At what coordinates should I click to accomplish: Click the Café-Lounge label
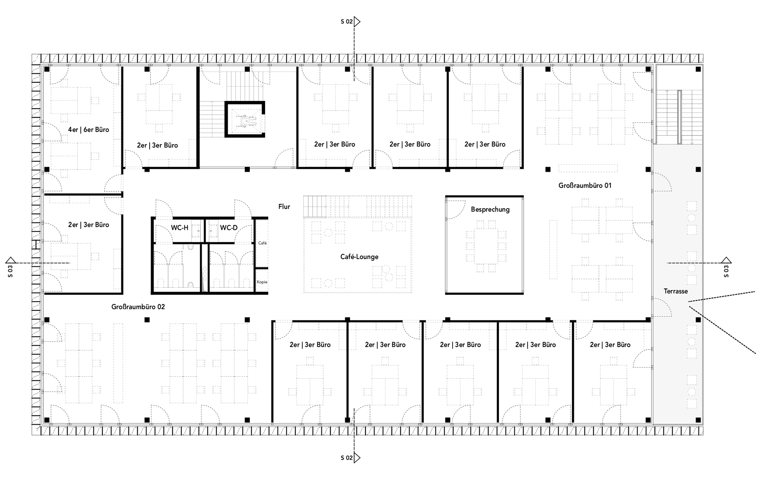point(359,257)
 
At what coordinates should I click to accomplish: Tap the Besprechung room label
point(490,210)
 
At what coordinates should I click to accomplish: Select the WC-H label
point(180,228)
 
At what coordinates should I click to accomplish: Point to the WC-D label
point(229,228)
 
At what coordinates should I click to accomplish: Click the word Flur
point(284,207)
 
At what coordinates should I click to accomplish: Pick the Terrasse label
point(676,291)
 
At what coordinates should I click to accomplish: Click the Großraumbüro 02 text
point(138,307)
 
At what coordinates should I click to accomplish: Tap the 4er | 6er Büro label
point(88,130)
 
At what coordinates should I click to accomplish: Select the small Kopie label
point(262,282)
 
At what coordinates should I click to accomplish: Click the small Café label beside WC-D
point(262,243)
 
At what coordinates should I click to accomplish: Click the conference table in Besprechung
point(486,246)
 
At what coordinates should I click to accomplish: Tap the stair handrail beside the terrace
point(679,117)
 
